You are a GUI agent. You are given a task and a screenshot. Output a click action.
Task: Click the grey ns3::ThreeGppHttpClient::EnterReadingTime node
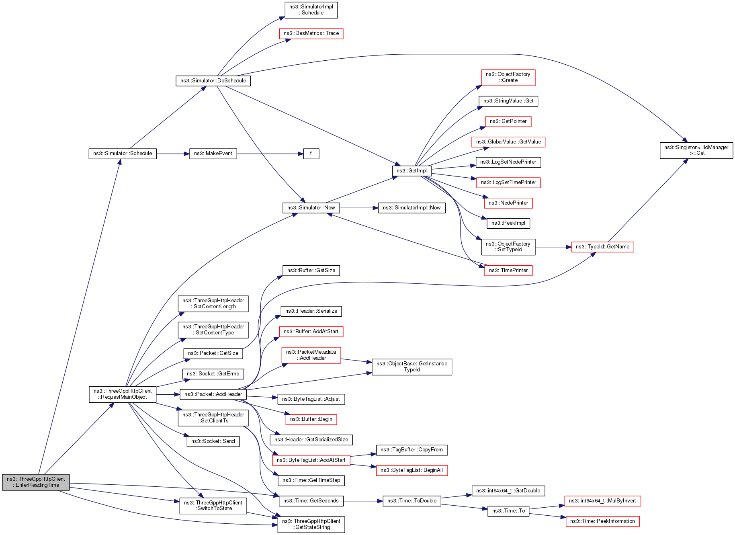tap(36, 482)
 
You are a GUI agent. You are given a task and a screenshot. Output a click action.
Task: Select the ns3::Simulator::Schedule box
tap(123, 154)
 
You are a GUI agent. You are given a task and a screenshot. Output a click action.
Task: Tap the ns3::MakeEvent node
tap(213, 154)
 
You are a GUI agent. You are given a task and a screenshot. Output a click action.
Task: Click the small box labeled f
tap(311, 154)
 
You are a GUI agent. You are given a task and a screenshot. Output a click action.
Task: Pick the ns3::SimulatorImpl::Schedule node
tap(311, 10)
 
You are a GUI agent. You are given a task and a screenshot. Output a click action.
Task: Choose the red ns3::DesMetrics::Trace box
tap(311, 33)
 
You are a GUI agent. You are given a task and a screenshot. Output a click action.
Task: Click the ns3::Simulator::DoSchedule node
tap(213, 81)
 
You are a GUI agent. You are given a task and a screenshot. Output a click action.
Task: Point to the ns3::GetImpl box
tap(412, 171)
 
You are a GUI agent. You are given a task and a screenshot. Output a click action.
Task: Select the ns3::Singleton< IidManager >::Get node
tap(696, 150)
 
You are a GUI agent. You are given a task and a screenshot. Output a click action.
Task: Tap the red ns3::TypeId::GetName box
tap(602, 247)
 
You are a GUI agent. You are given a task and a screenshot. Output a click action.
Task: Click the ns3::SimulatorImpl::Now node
tap(412, 208)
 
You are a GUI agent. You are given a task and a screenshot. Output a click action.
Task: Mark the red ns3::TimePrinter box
tap(508, 271)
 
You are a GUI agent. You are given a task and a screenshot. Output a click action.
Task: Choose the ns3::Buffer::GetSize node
tap(311, 271)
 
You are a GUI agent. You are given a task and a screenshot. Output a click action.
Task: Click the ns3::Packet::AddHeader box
tap(213, 394)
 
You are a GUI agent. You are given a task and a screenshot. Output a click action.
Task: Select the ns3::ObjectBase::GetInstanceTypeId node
tap(412, 367)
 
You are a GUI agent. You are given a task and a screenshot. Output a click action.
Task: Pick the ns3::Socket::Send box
tap(213, 441)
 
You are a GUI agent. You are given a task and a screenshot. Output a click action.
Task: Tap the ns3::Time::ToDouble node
tap(412, 501)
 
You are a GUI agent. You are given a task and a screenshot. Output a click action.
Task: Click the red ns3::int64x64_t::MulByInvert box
tap(602, 501)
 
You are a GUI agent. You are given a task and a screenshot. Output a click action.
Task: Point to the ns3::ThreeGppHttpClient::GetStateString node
tap(311, 524)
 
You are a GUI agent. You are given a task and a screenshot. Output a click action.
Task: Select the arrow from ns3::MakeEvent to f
tap(269, 154)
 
